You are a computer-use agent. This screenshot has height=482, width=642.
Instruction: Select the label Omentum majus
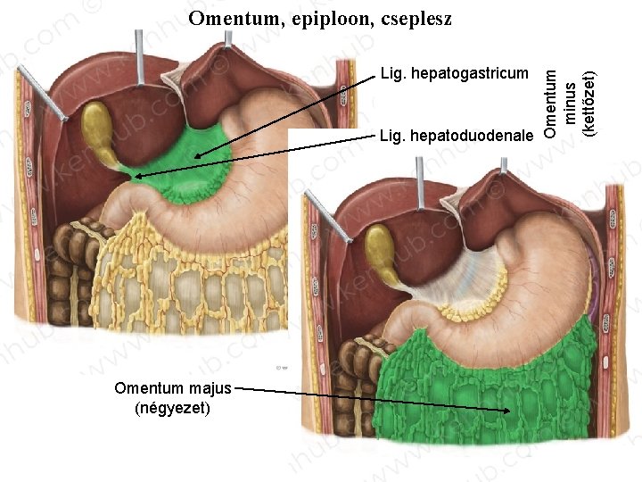173,388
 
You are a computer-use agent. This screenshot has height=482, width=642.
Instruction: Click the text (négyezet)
171,408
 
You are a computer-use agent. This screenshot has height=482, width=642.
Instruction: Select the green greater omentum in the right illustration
481,384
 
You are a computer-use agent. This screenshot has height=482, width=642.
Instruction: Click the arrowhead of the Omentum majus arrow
511,411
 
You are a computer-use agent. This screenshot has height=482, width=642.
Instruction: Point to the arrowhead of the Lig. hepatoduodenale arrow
135,178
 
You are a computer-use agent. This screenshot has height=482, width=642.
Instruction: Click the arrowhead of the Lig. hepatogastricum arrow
197,158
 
